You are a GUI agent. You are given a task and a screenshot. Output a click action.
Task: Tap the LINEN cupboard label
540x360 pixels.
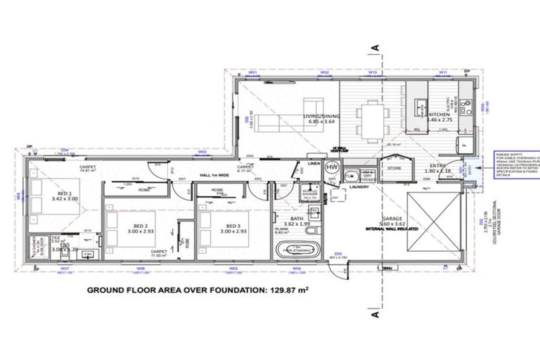point(315,164)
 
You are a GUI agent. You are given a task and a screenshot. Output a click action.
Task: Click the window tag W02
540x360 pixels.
point(325,72)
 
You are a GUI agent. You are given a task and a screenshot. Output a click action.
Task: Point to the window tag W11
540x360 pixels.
point(444,72)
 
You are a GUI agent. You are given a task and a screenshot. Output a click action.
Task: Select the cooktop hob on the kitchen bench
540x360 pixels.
point(419,108)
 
